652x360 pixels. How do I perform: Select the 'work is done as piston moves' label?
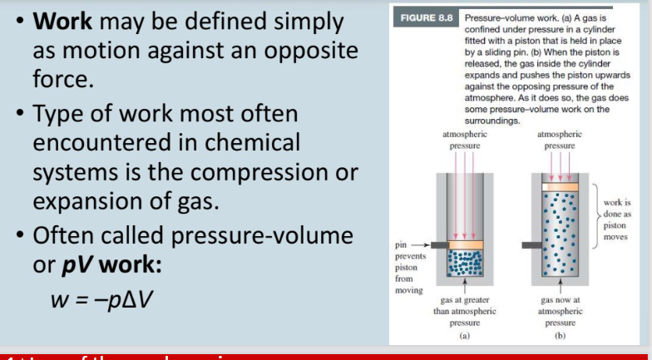pos(616,219)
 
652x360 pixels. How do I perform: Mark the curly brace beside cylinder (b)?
pos(592,218)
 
